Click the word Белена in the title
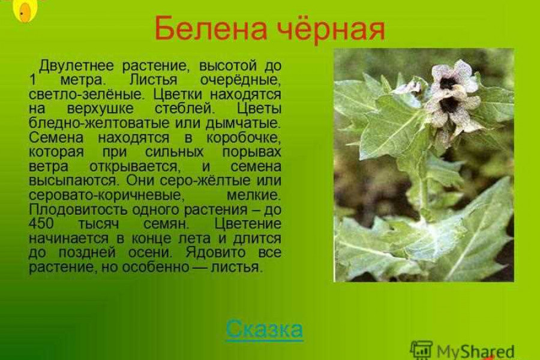coord(211,28)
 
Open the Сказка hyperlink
coord(265,329)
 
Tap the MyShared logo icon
coord(421,350)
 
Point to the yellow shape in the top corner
coord(25,10)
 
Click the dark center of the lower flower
coord(449,105)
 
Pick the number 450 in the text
coord(41,224)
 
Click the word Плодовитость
coord(79,209)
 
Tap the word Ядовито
coord(215,253)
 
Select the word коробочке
coord(244,138)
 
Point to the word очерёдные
coord(241,80)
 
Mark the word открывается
coord(134,167)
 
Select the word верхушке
coord(100,109)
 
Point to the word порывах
coord(251,152)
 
